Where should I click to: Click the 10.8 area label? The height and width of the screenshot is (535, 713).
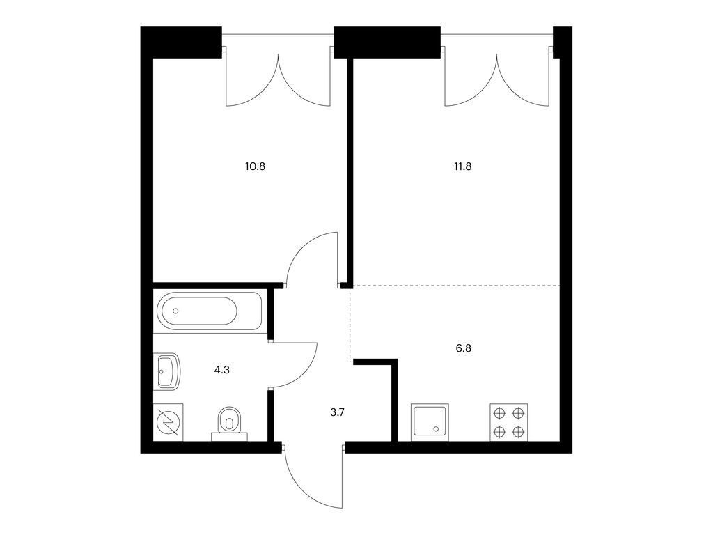tap(255, 166)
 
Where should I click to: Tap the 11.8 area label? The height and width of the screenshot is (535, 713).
tap(462, 166)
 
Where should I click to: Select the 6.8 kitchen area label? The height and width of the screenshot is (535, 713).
tap(463, 348)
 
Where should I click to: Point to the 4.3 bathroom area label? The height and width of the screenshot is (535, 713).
tap(222, 370)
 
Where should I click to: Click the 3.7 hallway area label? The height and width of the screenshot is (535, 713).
tap(338, 412)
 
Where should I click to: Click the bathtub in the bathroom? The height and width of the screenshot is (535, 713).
tap(210, 311)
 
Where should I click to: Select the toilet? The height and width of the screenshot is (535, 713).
tap(230, 423)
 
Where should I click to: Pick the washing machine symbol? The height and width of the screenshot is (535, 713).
tap(169, 422)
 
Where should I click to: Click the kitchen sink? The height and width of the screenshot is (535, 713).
tap(430, 422)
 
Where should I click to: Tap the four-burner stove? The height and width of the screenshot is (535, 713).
tap(509, 422)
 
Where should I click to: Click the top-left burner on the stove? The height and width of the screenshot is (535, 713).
tap(499, 413)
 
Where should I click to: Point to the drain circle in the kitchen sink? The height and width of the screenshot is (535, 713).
tap(437, 428)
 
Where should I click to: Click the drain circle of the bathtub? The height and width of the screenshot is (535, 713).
tap(175, 311)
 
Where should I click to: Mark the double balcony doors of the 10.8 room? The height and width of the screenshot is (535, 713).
tap(278, 77)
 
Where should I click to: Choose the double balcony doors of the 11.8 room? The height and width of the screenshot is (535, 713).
tap(497, 77)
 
